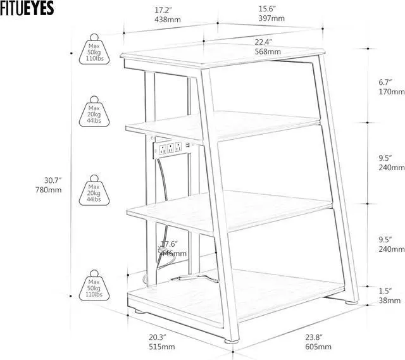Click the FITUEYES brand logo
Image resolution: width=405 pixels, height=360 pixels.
click(28, 8)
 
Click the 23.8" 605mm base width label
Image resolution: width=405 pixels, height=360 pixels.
click(318, 342)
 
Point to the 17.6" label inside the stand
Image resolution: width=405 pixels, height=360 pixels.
click(169, 248)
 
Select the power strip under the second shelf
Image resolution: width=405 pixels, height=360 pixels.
click(171, 150)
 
